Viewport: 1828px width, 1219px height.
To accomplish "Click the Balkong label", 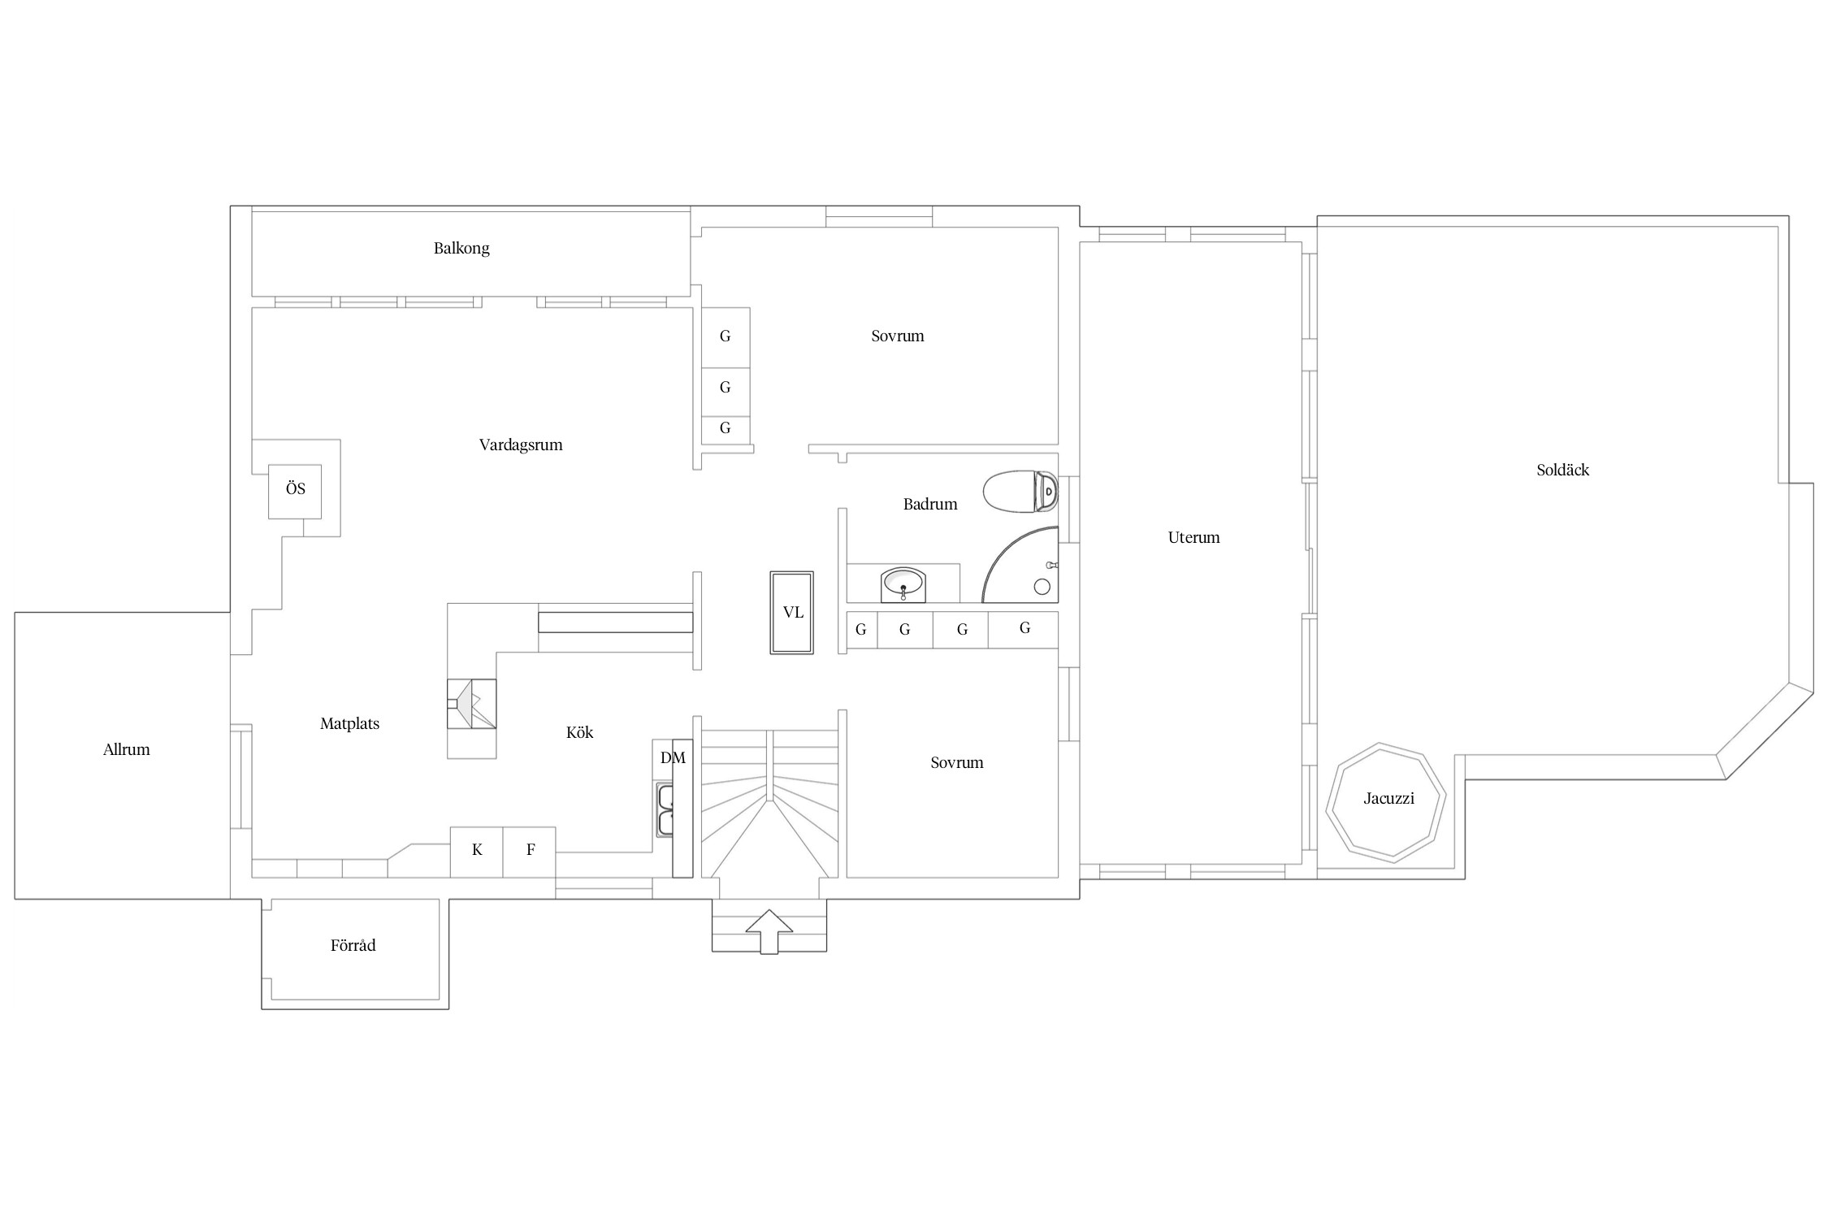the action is point(461,248).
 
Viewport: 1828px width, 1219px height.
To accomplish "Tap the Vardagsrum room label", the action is point(521,445).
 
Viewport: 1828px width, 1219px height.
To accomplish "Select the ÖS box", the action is point(295,491).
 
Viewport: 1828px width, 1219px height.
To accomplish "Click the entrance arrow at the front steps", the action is point(769,931).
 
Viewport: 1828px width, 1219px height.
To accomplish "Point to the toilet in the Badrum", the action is point(1020,492).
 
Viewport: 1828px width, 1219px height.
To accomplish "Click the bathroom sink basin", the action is point(903,584).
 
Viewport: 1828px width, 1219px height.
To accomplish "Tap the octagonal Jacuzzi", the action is point(1386,801).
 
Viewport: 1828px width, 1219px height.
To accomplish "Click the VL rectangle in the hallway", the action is point(792,613).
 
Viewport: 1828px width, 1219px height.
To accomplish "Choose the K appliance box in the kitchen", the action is point(477,852).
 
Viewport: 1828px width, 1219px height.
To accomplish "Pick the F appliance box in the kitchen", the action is point(530,852).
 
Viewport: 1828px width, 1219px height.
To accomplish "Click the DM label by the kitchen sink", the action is point(673,758).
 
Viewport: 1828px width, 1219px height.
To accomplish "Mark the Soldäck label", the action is point(1562,470).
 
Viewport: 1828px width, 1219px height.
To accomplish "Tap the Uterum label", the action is point(1193,537).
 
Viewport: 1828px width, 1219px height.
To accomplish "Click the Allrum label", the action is point(127,749).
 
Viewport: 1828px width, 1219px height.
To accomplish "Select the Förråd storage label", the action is point(353,945).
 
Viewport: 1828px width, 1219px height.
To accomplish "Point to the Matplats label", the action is point(349,723).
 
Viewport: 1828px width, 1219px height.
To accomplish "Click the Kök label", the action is point(579,732).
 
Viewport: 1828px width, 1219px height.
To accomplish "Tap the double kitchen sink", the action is point(665,810).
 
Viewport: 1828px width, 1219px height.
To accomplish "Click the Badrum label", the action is point(930,504).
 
